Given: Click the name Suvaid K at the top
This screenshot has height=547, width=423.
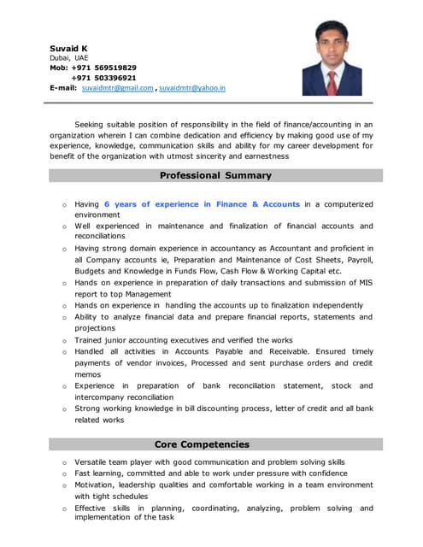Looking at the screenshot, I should [x=68, y=48].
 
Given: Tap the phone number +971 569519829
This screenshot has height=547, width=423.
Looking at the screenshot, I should [x=104, y=68].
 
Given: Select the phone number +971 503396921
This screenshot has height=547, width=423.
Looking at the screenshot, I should [x=104, y=78].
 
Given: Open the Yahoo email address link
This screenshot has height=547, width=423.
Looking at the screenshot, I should [x=192, y=88].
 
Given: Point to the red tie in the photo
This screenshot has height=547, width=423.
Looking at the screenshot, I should [x=332, y=83].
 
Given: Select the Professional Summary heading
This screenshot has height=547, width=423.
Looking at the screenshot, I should [x=215, y=175].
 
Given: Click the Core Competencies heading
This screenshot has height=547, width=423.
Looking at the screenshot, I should [x=202, y=444].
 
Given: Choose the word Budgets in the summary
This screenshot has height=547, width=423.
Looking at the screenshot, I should [x=92, y=271].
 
